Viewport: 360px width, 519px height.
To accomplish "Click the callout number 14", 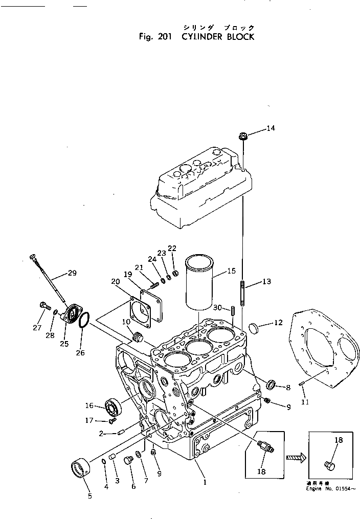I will tap(271, 128).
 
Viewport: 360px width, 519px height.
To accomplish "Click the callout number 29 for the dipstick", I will tap(72, 274).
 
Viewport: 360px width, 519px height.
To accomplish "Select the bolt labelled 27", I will tap(42, 306).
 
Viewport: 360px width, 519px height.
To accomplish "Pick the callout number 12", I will tap(278, 323).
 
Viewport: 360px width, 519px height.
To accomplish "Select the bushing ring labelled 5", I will tap(80, 467).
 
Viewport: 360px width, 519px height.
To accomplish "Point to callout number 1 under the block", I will tap(205, 481).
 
